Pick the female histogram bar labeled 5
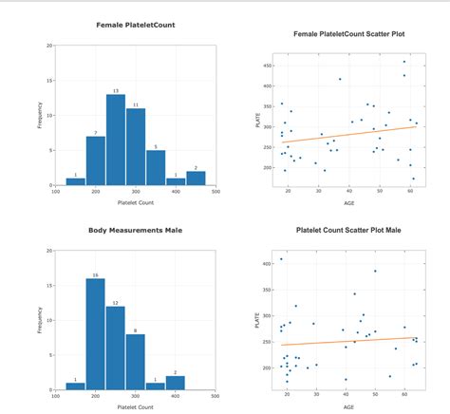156,167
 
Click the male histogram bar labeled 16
95,333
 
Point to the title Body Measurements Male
136,230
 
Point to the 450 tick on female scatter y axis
267,66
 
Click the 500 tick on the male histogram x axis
216,396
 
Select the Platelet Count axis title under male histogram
136,406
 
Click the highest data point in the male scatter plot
280,259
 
